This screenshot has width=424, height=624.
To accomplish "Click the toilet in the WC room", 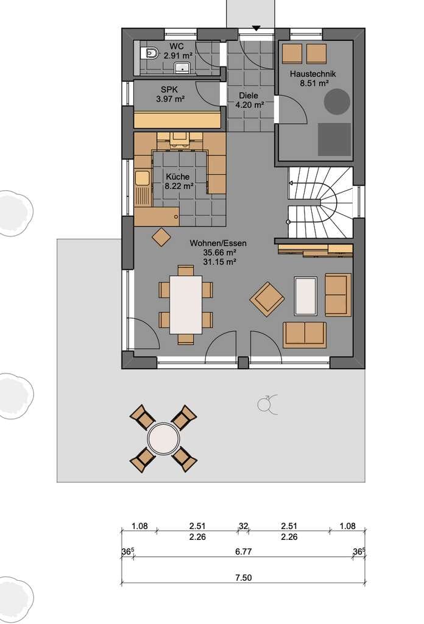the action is pyautogui.click(x=150, y=52).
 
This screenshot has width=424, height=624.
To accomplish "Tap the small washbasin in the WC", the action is pyautogui.click(x=183, y=68).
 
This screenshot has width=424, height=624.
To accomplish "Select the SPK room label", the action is pyautogui.click(x=169, y=90).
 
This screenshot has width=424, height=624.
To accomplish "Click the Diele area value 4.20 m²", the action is pyautogui.click(x=250, y=105).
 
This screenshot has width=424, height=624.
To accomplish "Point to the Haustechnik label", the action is pyautogui.click(x=313, y=74).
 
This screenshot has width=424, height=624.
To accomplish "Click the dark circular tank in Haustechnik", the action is pyautogui.click(x=337, y=102).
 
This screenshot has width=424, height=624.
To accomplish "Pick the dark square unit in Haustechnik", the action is pyautogui.click(x=334, y=140).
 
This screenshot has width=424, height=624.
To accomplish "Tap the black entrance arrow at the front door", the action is pyautogui.click(x=256, y=28).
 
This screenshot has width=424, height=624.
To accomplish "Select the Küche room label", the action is pyautogui.click(x=178, y=177).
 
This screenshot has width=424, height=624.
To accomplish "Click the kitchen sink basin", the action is pyautogui.click(x=141, y=178).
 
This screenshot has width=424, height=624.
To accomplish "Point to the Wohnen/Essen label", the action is pyautogui.click(x=218, y=243).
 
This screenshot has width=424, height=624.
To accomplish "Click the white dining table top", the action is pyautogui.click(x=186, y=305).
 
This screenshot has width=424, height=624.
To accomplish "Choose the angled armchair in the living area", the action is pyautogui.click(x=267, y=299).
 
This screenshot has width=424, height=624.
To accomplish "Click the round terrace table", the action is pyautogui.click(x=163, y=438).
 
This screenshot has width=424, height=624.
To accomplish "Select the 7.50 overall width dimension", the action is pyautogui.click(x=244, y=578).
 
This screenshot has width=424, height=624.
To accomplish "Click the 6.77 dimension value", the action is pyautogui.click(x=244, y=551).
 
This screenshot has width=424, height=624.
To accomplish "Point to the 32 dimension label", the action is pyautogui.click(x=244, y=526).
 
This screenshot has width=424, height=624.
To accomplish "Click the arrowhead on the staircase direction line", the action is pyautogui.click(x=291, y=183).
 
